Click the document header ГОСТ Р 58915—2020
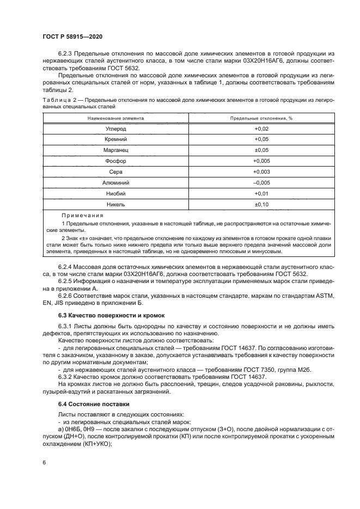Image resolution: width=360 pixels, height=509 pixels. pyautogui.click(x=72, y=36)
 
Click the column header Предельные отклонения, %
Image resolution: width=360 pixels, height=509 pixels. pyautogui.click(x=261, y=118)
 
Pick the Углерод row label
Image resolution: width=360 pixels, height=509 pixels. pyautogui.click(x=115, y=129)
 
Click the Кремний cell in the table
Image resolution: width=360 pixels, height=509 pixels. pyautogui.click(x=115, y=140)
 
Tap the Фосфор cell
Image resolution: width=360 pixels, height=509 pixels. pyautogui.click(x=115, y=161)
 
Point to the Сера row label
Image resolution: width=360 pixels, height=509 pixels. pyautogui.click(x=115, y=172)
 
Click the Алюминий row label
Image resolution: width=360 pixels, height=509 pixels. pyautogui.click(x=115, y=183)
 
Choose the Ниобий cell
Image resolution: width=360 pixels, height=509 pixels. pyautogui.click(x=115, y=194)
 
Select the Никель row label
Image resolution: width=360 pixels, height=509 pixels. pyautogui.click(x=115, y=205)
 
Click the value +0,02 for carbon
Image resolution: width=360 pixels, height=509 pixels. pyautogui.click(x=261, y=129)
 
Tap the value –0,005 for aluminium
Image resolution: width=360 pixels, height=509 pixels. pyautogui.click(x=261, y=183)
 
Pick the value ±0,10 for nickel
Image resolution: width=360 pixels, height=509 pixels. pyautogui.click(x=261, y=205)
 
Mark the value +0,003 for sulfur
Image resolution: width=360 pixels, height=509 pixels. pyautogui.click(x=261, y=172)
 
